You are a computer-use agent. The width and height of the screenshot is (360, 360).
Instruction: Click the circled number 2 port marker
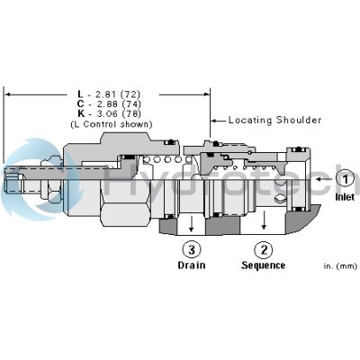click(263, 249)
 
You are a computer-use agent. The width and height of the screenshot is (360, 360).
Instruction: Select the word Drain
click(191, 265)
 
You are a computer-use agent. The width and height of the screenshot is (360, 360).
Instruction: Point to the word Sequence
click(263, 265)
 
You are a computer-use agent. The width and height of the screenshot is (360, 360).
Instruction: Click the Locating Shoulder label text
click(274, 120)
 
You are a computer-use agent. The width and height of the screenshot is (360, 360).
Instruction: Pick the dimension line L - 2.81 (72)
click(107, 94)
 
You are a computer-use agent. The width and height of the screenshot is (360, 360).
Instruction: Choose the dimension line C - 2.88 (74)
click(107, 104)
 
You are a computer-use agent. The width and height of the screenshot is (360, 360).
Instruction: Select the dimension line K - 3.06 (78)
click(107, 114)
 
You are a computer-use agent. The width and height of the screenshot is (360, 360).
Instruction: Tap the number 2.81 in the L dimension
click(101, 94)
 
